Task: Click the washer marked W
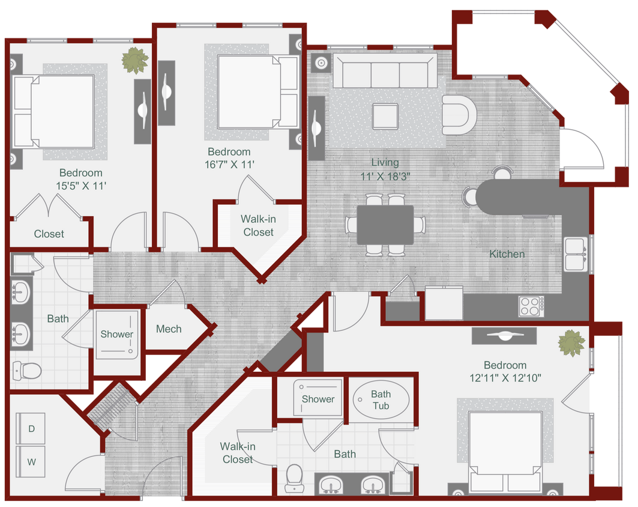pos(31,462)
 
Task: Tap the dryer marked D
pos(31,428)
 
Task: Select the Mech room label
pos(169,329)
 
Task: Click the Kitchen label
pos(507,254)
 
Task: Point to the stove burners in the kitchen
pos(531,306)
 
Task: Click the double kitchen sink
pos(574,254)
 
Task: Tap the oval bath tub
pos(381,399)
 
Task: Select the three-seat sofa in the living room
pos(385,72)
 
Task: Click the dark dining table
pos(385,225)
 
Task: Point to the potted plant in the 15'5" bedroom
pos(134,60)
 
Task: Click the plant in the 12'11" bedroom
pos(571,343)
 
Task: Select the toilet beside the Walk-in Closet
pos(293,478)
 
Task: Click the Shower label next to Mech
pos(116,334)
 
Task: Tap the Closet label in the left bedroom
pos(49,234)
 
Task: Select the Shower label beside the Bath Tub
pos(318,399)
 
